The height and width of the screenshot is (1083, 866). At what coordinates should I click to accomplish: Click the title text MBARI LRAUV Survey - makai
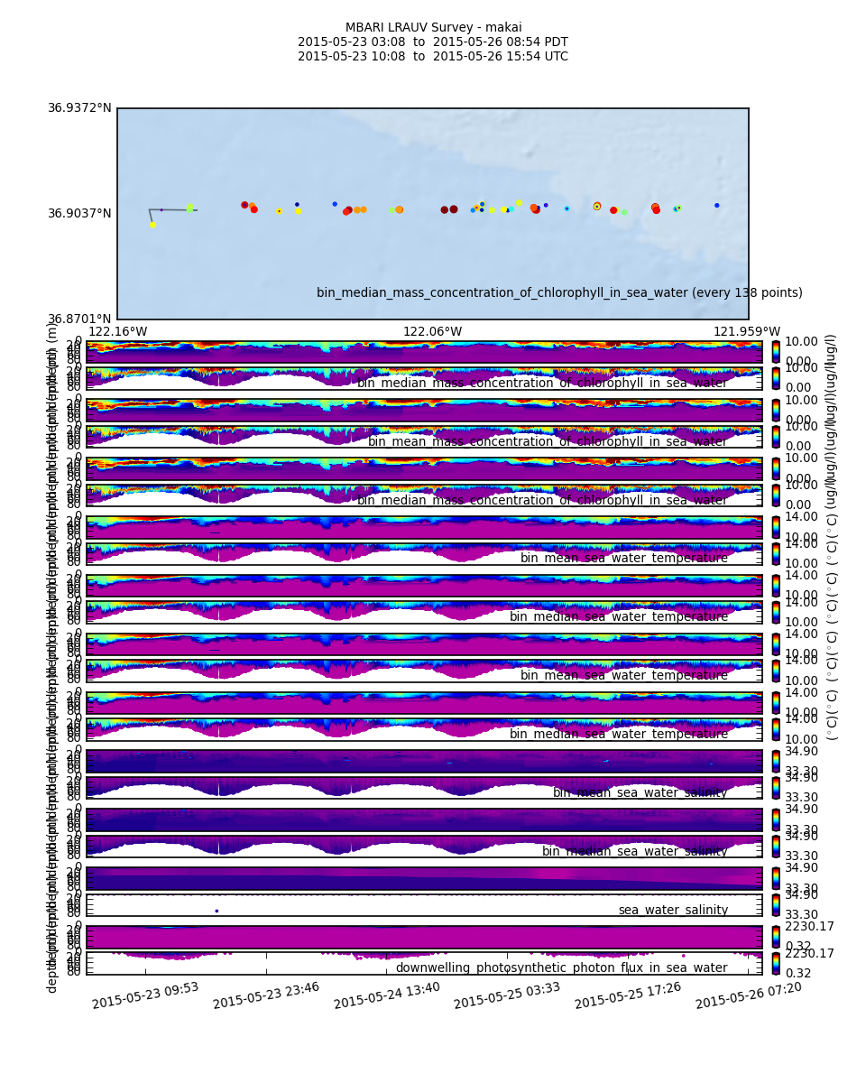coord(433,28)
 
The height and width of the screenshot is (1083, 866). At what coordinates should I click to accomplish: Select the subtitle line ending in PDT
coord(433,42)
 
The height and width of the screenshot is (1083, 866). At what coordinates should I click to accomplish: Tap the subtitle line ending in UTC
coord(433,57)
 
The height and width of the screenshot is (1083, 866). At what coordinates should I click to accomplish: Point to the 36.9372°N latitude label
coord(79,108)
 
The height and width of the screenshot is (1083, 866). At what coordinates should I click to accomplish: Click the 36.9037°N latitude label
coord(79,214)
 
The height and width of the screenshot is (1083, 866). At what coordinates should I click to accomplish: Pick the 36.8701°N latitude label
coord(79,319)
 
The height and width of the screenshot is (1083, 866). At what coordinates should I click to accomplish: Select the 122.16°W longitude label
coord(117,331)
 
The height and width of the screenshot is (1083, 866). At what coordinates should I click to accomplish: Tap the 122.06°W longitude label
coord(432,331)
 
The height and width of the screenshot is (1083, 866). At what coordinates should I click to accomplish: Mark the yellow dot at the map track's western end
coord(152,225)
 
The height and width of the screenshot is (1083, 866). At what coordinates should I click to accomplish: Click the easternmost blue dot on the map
coord(717,205)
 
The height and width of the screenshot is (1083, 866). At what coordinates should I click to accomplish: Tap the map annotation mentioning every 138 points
coord(559,293)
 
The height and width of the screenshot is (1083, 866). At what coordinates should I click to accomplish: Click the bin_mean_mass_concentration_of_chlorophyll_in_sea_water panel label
coord(547,442)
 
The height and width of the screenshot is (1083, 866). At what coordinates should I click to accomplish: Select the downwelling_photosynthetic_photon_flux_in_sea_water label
coord(561,968)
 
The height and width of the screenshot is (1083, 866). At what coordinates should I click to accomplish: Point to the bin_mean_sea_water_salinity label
coord(640,792)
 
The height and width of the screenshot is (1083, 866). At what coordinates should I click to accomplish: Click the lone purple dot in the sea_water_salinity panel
coord(216,911)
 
